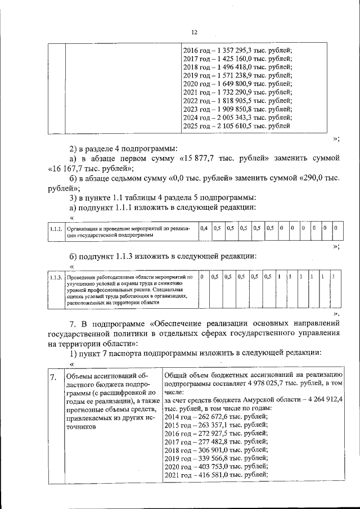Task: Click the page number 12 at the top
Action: [x=194, y=33]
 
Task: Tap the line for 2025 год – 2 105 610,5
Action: [x=237, y=126]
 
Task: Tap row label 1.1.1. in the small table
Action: [x=55, y=229]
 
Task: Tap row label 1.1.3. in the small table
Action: [x=55, y=277]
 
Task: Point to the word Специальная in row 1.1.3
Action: [x=171, y=290]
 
